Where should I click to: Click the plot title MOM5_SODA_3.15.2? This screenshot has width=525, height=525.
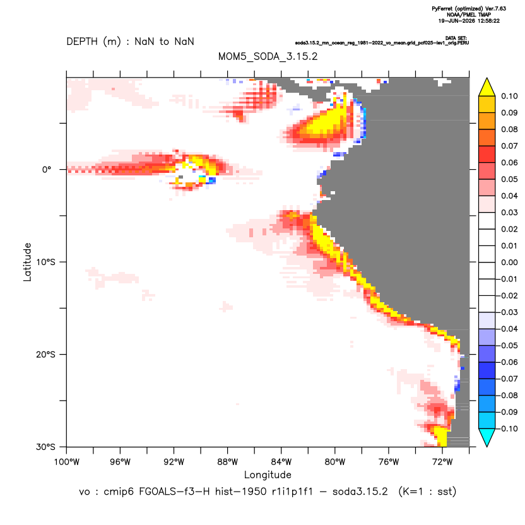pyautogui.click(x=268, y=56)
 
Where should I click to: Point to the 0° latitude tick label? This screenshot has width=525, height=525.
pyautogui.click(x=47, y=169)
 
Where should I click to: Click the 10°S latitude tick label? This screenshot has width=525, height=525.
pyautogui.click(x=45, y=262)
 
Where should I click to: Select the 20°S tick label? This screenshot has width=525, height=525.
pyautogui.click(x=45, y=354)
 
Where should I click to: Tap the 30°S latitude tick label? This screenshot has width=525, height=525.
pyautogui.click(x=45, y=447)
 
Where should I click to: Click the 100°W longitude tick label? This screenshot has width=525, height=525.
pyautogui.click(x=67, y=462)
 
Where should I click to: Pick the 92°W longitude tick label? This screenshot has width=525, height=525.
pyautogui.click(x=174, y=462)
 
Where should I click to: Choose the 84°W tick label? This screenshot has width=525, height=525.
pyautogui.click(x=281, y=462)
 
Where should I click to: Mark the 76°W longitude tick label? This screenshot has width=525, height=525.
pyautogui.click(x=389, y=462)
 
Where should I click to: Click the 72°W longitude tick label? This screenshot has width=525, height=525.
pyautogui.click(x=442, y=462)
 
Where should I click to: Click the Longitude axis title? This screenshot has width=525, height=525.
pyautogui.click(x=268, y=475)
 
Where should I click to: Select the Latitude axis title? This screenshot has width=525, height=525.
pyautogui.click(x=27, y=262)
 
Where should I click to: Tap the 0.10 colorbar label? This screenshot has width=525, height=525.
pyautogui.click(x=509, y=96)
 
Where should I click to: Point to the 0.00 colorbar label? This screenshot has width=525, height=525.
pyautogui.click(x=509, y=262)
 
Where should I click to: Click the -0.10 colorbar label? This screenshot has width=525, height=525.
pyautogui.click(x=507, y=428)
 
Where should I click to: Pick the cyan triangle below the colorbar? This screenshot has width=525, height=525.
pyautogui.click(x=487, y=436)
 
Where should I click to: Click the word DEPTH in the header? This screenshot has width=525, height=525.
pyautogui.click(x=82, y=42)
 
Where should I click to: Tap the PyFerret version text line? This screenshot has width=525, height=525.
pyautogui.click(x=469, y=9)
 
